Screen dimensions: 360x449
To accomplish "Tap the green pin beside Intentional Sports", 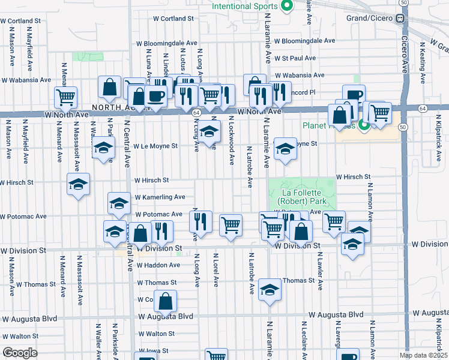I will pyautogui.click(x=286, y=7).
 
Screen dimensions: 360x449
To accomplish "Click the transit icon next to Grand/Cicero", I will pyautogui.click(x=399, y=18).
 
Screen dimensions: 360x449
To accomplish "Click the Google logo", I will pyautogui.click(x=20, y=353).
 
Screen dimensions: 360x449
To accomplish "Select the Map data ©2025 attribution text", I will pyautogui.click(x=423, y=355).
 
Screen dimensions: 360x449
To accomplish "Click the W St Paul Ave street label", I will pyautogui.click(x=295, y=58).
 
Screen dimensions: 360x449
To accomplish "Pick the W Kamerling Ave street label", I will pyautogui.click(x=160, y=197).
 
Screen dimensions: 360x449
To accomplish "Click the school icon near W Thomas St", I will pyautogui.click(x=270, y=290).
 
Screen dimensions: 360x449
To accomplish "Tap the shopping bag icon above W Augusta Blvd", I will pyautogui.click(x=166, y=299).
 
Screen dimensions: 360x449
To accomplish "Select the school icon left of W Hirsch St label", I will pyautogui.click(x=78, y=184).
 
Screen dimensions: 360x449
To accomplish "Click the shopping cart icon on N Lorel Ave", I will pyautogui.click(x=231, y=225).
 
